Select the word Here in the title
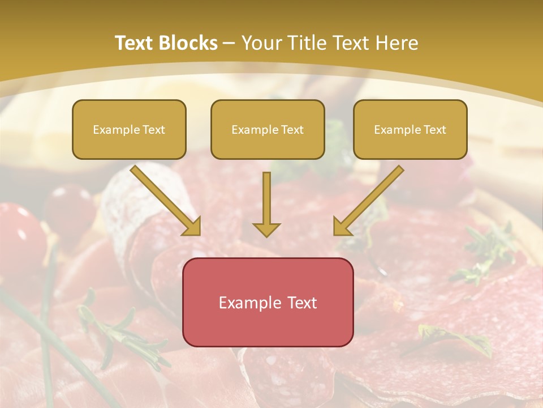pos(398,43)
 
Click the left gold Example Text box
pos(129,130)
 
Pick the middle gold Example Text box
pos(268,130)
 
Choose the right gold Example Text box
pos(410,130)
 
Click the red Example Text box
pos(268,302)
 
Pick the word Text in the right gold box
pos(434,130)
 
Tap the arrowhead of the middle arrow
pos(266,229)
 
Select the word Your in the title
pos(261,43)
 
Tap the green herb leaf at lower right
pos(453,337)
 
